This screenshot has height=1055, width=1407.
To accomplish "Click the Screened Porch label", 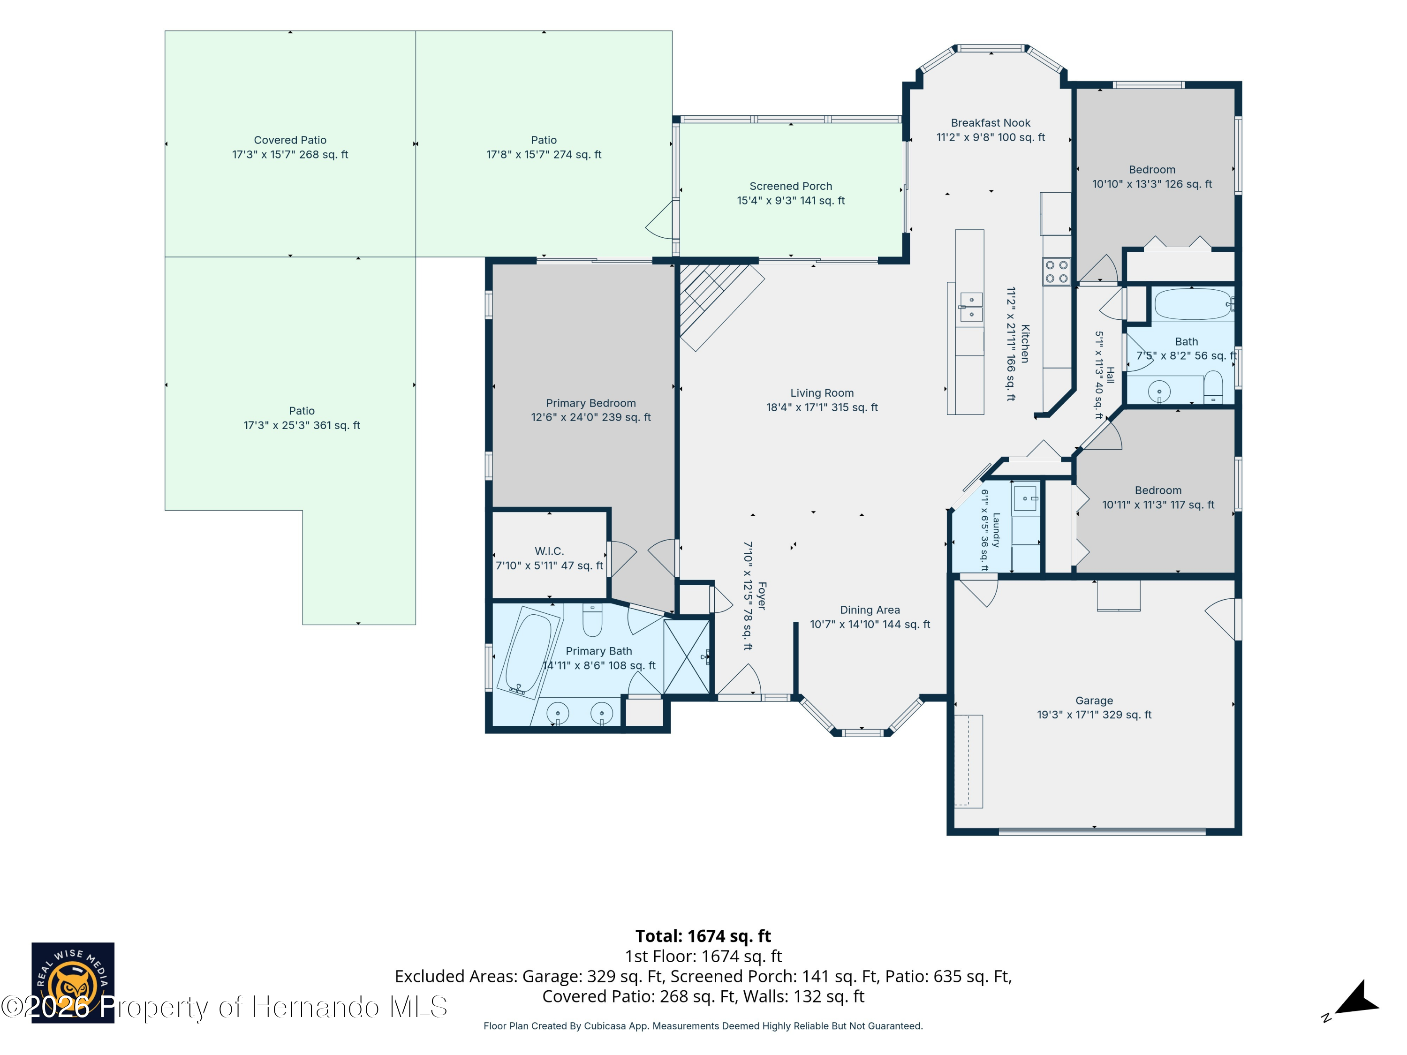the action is click(791, 186).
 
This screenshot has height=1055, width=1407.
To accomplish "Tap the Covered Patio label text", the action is click(290, 140).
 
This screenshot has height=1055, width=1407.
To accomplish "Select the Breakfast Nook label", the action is click(991, 123).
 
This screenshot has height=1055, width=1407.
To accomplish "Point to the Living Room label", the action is click(822, 393).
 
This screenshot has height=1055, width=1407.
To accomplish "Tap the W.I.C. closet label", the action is click(549, 551).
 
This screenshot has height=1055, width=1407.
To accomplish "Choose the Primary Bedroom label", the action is click(591, 403).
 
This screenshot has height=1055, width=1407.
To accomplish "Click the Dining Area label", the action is click(870, 610).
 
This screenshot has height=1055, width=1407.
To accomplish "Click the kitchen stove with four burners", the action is click(1056, 271).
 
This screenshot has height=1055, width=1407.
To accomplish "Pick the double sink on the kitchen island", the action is click(971, 307).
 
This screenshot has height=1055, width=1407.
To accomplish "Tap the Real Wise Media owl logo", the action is click(73, 982).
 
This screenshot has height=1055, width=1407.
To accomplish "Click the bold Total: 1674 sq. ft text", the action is click(703, 936).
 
